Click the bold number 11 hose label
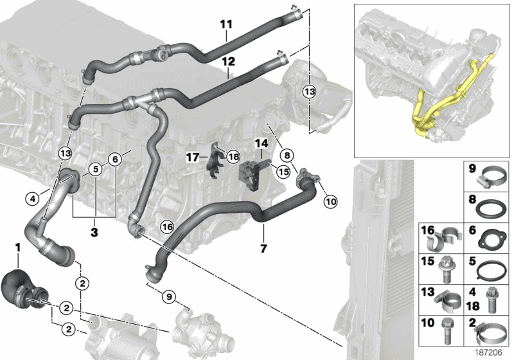pyautogui.click(x=226, y=24)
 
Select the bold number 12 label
pyautogui.click(x=229, y=62)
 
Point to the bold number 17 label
pyautogui.click(x=192, y=156)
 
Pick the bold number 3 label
pyautogui.click(x=94, y=230)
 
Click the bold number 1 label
pyautogui.click(x=19, y=247)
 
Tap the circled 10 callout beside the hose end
pyautogui.click(x=330, y=202)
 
